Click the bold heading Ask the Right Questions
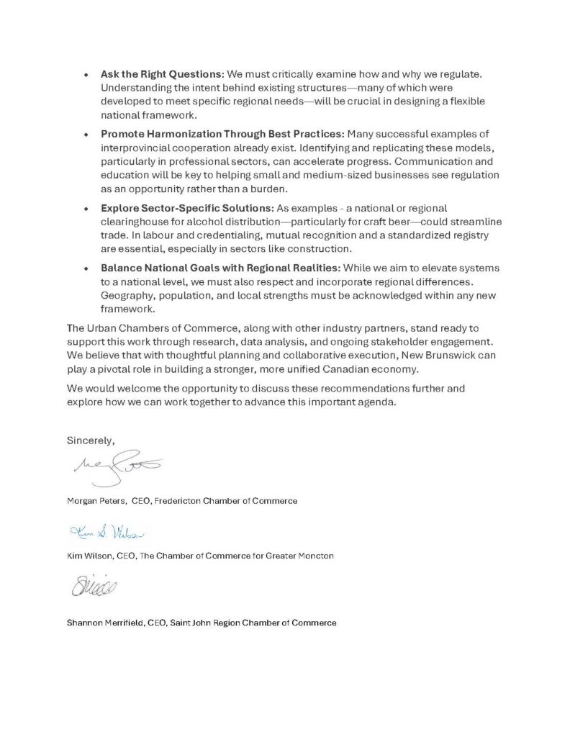pyautogui.click(x=163, y=75)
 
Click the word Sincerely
pyautogui.click(x=91, y=440)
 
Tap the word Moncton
pyautogui.click(x=316, y=556)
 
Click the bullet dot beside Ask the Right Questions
pyautogui.click(x=86, y=75)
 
